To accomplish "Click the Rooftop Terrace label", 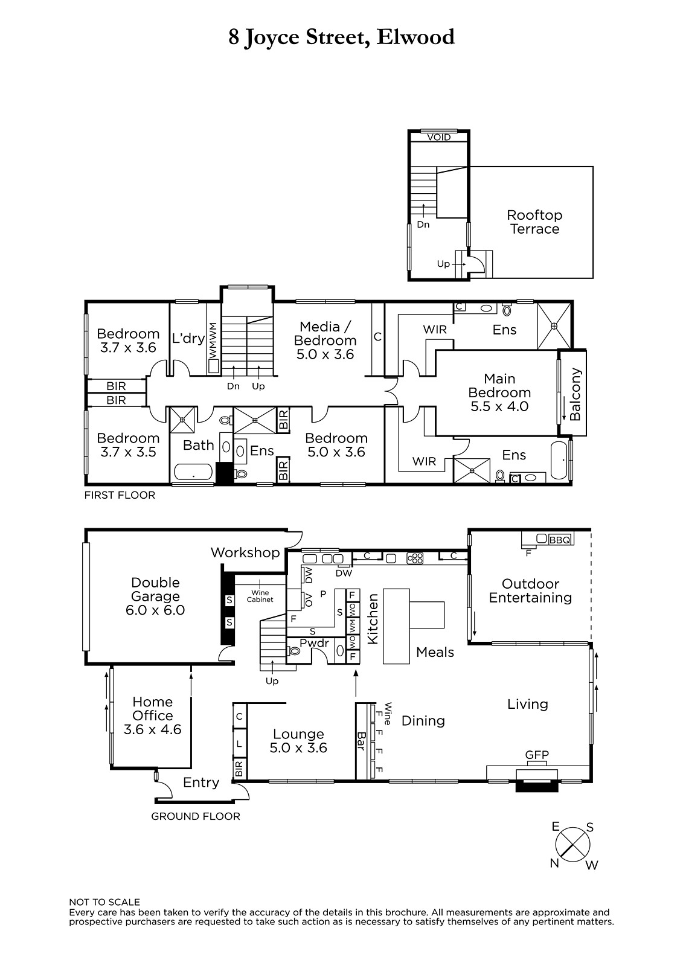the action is pos(534,222).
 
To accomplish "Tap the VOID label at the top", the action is pos(439,137).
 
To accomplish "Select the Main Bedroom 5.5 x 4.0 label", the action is pos(499,392).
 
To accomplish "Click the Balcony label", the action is pos(575,394).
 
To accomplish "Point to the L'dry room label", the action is pos(188,338).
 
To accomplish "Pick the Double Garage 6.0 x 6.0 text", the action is pos(155,596).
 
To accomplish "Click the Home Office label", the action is pos(152,715).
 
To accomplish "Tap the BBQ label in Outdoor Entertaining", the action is pos(560,540).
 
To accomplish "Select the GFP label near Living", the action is pos(537,755).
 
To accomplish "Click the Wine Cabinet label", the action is pos(260,596).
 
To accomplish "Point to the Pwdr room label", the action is pos(315,643).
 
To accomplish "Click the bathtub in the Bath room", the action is pos(193,472).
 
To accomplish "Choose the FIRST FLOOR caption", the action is pos(120,495).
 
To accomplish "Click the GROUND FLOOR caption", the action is pos(196,816).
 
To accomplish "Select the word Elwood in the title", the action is pos(415,37).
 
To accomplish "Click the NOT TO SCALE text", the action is pos(104,902).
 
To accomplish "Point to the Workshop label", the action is pos(245,552).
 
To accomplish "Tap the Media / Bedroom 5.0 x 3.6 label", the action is pos(325,341).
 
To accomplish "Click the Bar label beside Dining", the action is pos(361,741).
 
